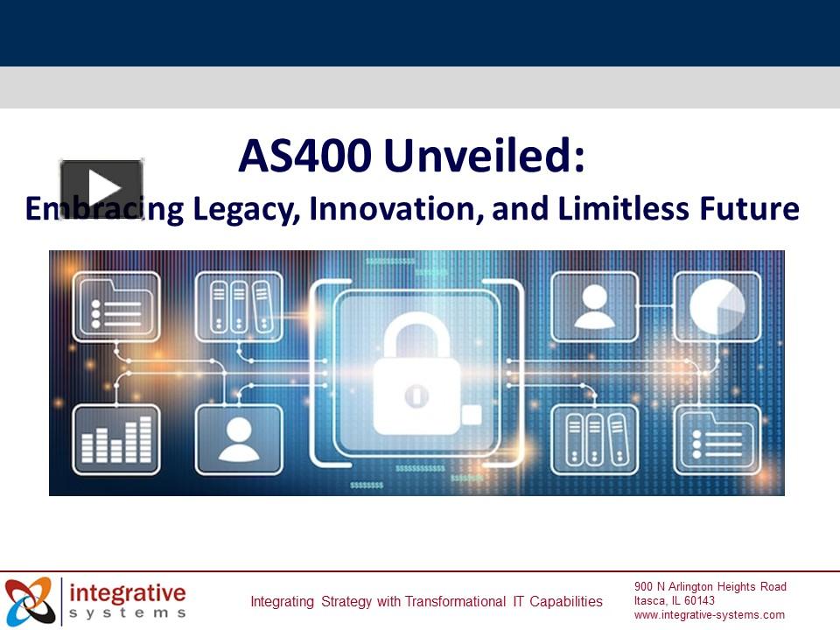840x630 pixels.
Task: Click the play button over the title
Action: click(x=101, y=186)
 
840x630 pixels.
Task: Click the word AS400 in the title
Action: click(x=306, y=157)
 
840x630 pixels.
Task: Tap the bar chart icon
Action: click(x=116, y=439)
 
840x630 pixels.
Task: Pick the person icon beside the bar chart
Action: click(x=239, y=439)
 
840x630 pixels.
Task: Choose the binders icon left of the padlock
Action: click(x=239, y=306)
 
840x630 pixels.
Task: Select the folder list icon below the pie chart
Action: click(x=717, y=439)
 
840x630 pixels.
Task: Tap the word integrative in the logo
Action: click(x=128, y=592)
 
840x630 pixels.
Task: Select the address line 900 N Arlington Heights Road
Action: click(x=710, y=586)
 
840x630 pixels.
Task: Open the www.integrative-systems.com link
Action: click(x=710, y=614)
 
